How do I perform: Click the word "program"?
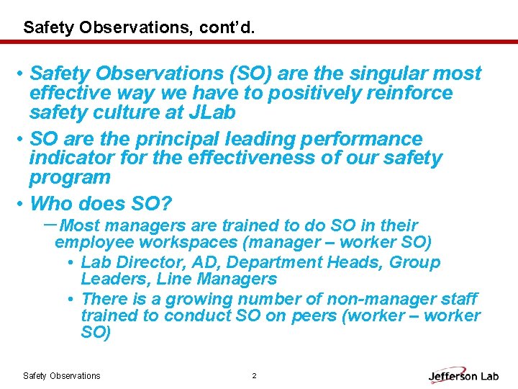point(70,177)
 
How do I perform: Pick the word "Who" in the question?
point(51,203)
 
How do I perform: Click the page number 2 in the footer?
point(254,375)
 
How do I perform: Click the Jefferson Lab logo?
point(463,375)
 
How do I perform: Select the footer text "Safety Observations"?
point(62,375)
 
